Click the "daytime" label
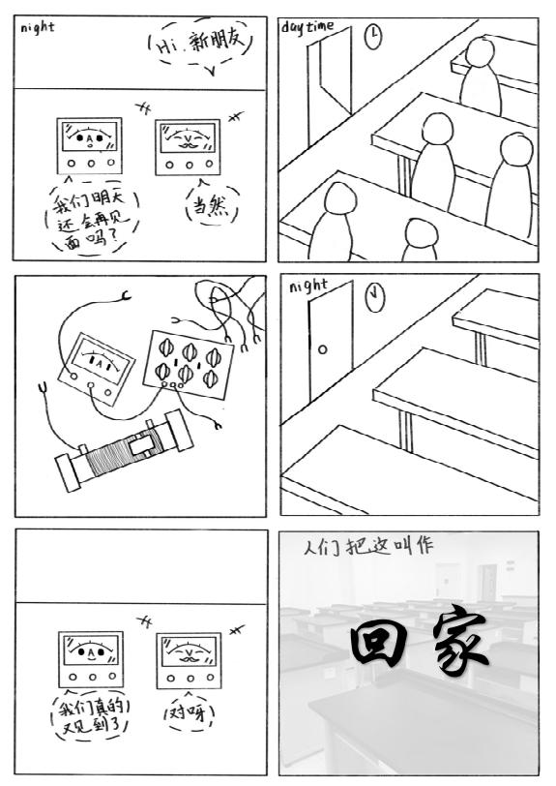tap(307, 26)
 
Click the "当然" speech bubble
tap(212, 203)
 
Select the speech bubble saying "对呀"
tap(190, 711)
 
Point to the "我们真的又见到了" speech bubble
tap(91, 716)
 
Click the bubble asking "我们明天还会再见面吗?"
tap(92, 218)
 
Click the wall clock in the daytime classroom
tap(373, 37)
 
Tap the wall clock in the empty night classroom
tap(374, 297)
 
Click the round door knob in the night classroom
tap(323, 349)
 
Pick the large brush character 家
tap(459, 639)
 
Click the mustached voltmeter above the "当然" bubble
tap(188, 147)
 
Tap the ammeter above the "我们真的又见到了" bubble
tap(91, 659)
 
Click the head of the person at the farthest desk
tap(481, 53)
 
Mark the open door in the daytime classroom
tap(330, 85)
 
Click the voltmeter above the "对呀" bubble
tap(189, 660)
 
